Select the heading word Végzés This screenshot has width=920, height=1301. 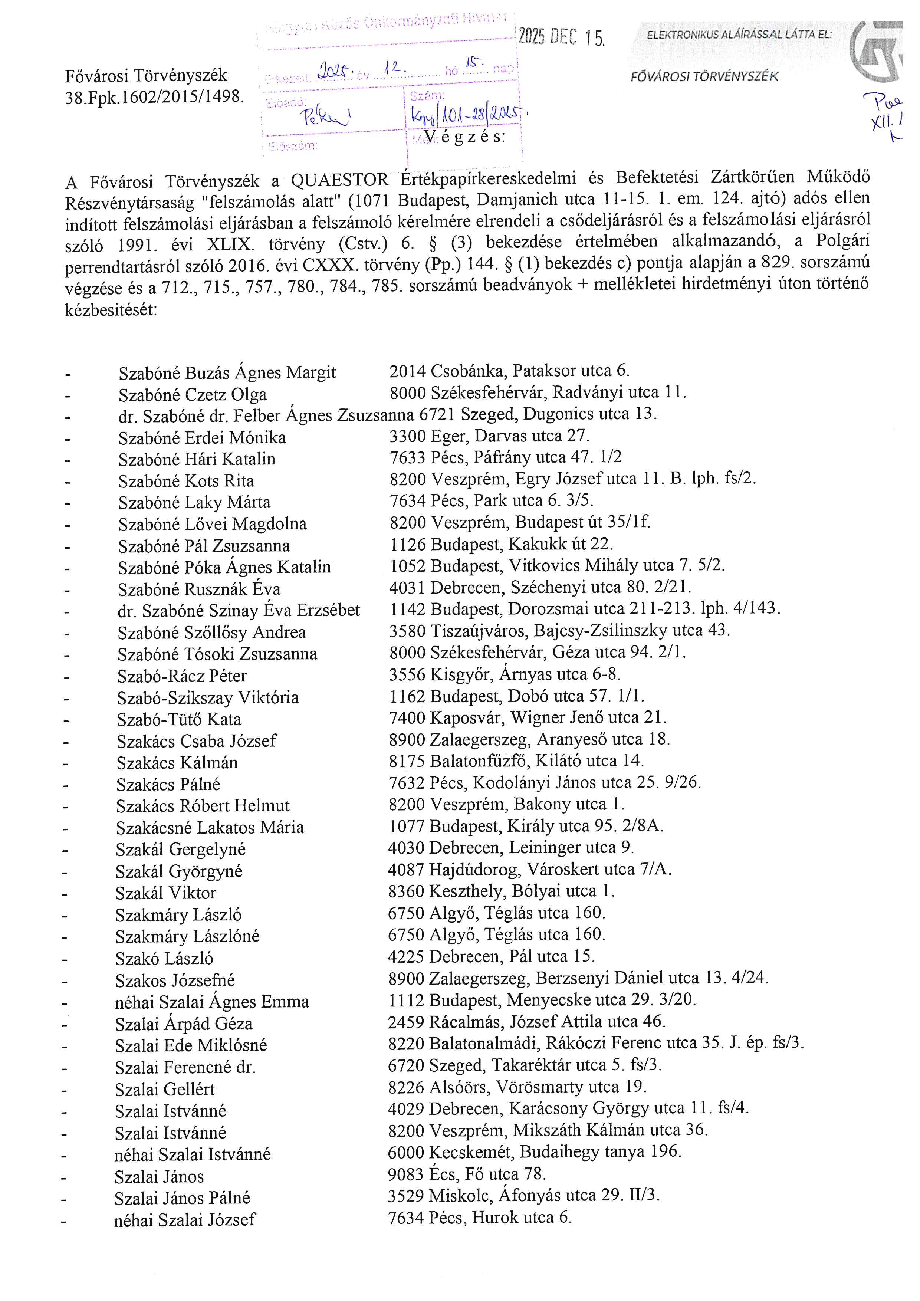tap(464, 137)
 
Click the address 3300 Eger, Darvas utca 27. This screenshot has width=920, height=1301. tap(489, 436)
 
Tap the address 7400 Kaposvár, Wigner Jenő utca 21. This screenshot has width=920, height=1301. tap(528, 718)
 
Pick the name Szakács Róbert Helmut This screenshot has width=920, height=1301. tap(203, 806)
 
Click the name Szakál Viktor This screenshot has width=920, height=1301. tap(165, 893)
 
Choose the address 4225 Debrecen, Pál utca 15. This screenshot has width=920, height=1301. tap(491, 956)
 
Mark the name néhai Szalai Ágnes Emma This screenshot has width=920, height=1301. tap(212, 1002)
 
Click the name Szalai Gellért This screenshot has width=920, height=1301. tap(164, 1089)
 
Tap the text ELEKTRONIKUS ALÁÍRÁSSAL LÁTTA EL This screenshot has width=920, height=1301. tap(739, 35)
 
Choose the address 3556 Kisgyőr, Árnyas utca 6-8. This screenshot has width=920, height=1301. tap(504, 674)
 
